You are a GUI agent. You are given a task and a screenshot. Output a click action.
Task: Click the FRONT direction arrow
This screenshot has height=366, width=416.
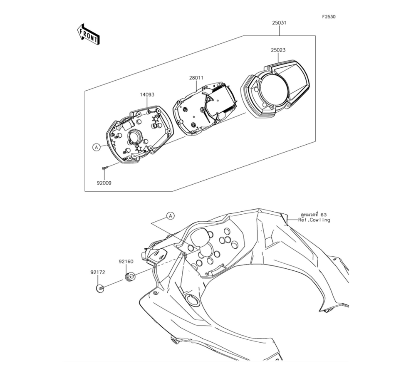pyautogui.click(x=88, y=34)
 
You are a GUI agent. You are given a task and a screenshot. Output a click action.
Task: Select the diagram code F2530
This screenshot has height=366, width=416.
pyautogui.click(x=329, y=17)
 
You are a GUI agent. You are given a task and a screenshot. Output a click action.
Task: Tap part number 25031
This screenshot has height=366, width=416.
pyautogui.click(x=279, y=23)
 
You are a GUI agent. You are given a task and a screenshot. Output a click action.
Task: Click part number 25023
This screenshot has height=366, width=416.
pyautogui.click(x=278, y=50)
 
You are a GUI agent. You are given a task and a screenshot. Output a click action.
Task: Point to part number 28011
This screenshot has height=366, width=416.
pyautogui.click(x=196, y=78)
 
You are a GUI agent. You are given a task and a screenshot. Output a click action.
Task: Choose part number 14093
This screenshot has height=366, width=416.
pyautogui.click(x=147, y=94)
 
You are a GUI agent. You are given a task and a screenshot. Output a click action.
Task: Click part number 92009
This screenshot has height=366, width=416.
pyautogui.click(x=104, y=183)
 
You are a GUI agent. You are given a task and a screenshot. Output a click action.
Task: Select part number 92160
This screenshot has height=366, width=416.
pyautogui.click(x=126, y=262)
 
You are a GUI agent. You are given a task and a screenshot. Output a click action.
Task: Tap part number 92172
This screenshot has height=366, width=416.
pyautogui.click(x=98, y=272)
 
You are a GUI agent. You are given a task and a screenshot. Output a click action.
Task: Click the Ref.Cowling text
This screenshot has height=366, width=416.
pyautogui.click(x=314, y=220)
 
